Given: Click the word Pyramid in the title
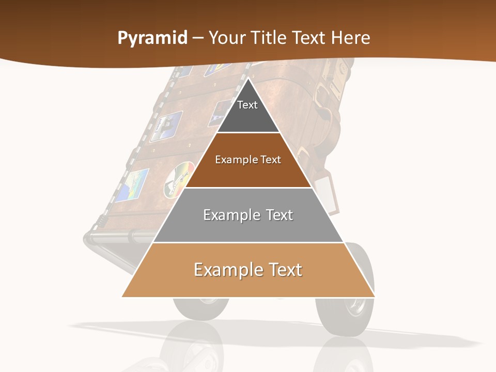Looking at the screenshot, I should (x=152, y=38).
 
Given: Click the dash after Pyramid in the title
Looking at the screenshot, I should (x=198, y=38).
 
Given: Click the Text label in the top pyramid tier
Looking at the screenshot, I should (x=247, y=105).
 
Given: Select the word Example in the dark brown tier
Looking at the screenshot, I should (x=236, y=160).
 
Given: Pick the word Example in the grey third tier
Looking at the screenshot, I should (x=231, y=215).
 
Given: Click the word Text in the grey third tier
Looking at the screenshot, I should (x=279, y=215).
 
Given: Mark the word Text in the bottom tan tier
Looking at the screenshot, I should (x=285, y=270).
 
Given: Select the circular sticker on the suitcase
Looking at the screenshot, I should (x=178, y=179).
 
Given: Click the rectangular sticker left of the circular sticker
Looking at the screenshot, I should (x=131, y=184).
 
